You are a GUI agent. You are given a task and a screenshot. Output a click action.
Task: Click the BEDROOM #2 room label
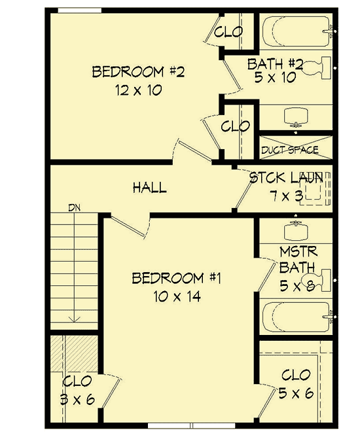(x=138, y=71)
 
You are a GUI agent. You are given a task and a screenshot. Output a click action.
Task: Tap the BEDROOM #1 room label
(x=177, y=279)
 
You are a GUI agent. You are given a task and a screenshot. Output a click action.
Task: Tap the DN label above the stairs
(x=73, y=208)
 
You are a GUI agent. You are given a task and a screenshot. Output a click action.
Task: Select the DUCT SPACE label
(x=289, y=150)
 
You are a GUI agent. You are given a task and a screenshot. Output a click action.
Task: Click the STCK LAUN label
(x=285, y=177)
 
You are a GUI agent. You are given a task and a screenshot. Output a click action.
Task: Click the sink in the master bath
(x=297, y=230)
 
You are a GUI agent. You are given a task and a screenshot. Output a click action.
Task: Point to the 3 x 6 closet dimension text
(x=77, y=400)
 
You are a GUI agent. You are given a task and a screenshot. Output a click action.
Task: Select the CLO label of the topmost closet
(x=229, y=31)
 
